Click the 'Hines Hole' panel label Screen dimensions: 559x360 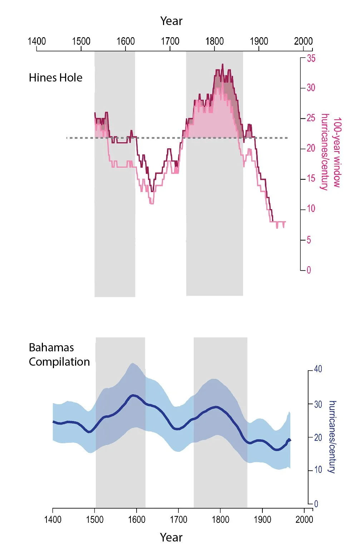55,78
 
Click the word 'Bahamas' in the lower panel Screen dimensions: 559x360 51,347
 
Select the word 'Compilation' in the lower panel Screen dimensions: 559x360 59,362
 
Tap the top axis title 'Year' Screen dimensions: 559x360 171,21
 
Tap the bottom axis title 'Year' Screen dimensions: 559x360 171,537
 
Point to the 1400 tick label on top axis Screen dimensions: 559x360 37,41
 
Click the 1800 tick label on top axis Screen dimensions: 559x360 214,41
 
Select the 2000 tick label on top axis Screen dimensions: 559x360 303,41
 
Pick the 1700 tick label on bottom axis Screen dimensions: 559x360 178,519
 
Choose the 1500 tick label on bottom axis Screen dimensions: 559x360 95,519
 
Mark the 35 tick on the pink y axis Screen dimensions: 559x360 311,58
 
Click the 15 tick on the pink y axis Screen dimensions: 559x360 311,178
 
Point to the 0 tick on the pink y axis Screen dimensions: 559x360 309,270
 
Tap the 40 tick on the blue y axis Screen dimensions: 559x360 318,369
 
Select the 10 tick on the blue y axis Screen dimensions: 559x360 318,470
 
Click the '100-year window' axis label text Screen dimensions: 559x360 337,152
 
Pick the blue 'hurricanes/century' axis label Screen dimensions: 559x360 332,437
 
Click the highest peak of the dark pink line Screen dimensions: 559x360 223,65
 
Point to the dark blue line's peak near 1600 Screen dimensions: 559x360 133,395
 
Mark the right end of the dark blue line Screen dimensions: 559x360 290,440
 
